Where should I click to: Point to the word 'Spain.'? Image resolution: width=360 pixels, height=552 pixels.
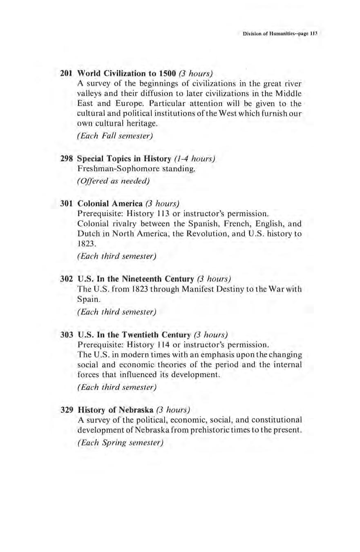click(x=88, y=299)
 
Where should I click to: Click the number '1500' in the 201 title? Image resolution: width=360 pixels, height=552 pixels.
click(x=167, y=74)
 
